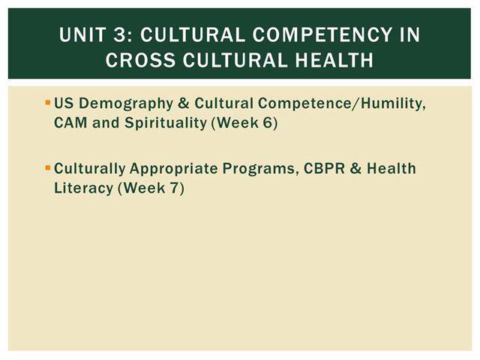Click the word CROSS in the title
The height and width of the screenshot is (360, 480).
(x=140, y=60)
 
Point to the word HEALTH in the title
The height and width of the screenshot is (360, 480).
(x=334, y=60)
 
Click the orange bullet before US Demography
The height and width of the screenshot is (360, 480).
(x=47, y=102)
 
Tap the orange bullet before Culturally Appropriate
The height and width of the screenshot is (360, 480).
(x=47, y=168)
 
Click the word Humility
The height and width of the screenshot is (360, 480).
(x=393, y=103)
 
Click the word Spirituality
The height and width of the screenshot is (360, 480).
(x=166, y=124)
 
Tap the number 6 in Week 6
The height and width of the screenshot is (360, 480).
(x=267, y=123)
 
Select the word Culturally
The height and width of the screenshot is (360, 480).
(x=90, y=169)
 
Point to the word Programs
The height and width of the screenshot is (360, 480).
(x=260, y=169)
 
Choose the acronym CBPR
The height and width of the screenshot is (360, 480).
(x=324, y=168)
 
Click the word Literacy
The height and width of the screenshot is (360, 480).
(x=83, y=188)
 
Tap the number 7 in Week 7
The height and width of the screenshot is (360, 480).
(x=174, y=188)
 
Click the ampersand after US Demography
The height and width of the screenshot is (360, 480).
(x=183, y=103)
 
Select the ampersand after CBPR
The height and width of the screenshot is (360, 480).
(x=355, y=169)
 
